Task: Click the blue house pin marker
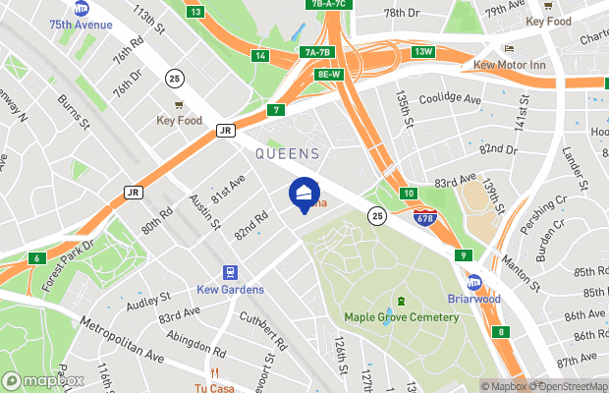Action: click(304, 193)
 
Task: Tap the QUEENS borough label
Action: click(288, 153)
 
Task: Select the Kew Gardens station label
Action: click(229, 289)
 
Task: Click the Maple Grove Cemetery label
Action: click(401, 316)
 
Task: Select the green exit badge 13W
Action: click(424, 51)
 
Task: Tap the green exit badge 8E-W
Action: click(328, 74)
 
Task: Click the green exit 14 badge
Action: click(260, 56)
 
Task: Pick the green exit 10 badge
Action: click(408, 193)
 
